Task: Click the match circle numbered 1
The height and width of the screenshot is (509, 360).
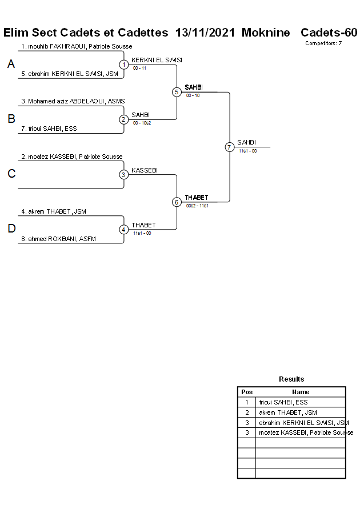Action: coord(124,65)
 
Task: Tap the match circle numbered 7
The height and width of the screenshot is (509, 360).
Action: coord(230,147)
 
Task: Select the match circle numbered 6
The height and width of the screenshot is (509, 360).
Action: coord(177,202)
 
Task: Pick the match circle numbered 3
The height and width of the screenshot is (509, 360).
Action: coord(124,174)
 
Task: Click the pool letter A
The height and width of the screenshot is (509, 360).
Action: coord(11,65)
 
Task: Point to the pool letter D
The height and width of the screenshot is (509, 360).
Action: coord(11,229)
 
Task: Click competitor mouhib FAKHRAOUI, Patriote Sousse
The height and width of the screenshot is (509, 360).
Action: coord(77,46)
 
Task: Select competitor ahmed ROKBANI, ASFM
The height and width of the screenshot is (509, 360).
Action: coord(58,239)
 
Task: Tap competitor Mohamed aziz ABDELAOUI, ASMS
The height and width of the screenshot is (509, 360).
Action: coord(73,101)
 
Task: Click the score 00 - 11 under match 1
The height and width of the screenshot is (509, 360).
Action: coord(140,68)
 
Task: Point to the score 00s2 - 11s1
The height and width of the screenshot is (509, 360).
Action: coord(197,206)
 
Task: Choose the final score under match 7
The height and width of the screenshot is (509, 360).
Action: coord(247,151)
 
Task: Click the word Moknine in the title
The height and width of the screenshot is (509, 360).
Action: coord(266,33)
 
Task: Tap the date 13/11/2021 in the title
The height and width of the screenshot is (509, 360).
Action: coord(205,33)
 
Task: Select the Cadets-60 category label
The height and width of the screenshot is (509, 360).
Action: coord(329,33)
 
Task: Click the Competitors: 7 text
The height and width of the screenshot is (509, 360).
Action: coord(323,43)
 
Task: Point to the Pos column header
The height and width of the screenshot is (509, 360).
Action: coord(247,392)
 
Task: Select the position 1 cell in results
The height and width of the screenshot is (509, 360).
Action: coord(247,402)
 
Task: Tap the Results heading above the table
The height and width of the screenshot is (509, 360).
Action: coord(291,379)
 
